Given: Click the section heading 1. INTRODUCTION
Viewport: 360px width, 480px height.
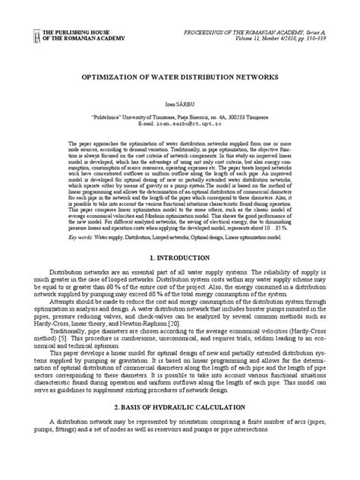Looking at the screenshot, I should [x=179, y=259].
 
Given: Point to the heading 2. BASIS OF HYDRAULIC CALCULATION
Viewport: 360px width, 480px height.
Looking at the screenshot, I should [x=179, y=407].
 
